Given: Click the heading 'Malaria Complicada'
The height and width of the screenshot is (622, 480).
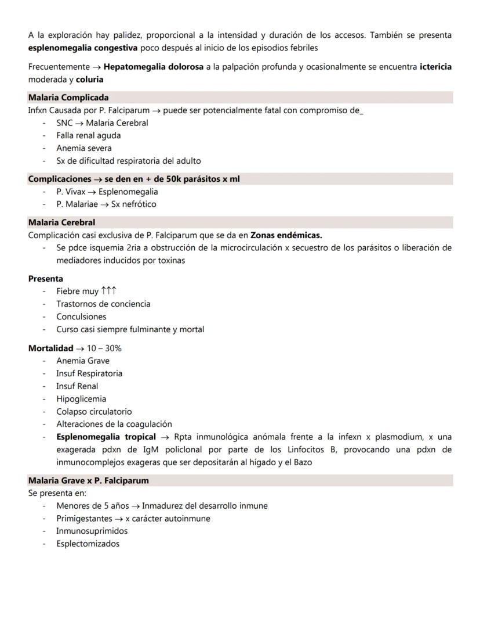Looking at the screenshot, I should (68, 98).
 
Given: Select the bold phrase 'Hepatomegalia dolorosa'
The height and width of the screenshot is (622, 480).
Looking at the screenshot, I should (153, 67).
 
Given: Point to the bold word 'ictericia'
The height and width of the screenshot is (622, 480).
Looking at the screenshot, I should (435, 67).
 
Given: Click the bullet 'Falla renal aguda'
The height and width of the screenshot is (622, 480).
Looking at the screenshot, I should (88, 135).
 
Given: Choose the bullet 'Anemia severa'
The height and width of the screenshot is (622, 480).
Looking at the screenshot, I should (83, 148).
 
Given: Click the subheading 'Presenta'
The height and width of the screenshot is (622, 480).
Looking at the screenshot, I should (45, 279).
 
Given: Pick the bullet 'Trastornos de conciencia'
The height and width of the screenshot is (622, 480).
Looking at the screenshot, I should (103, 304).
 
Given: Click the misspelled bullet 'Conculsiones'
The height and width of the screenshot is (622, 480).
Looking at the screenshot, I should (81, 317).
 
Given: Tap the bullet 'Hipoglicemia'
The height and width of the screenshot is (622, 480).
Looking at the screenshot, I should (81, 399).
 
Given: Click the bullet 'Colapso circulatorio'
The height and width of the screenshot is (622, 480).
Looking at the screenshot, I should (93, 412).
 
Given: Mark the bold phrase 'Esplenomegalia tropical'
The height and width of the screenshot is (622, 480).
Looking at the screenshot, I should (106, 437).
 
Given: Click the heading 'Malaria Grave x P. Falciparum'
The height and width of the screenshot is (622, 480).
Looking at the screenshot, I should (88, 480).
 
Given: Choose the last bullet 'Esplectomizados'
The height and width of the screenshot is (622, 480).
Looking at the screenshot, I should (88, 544).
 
